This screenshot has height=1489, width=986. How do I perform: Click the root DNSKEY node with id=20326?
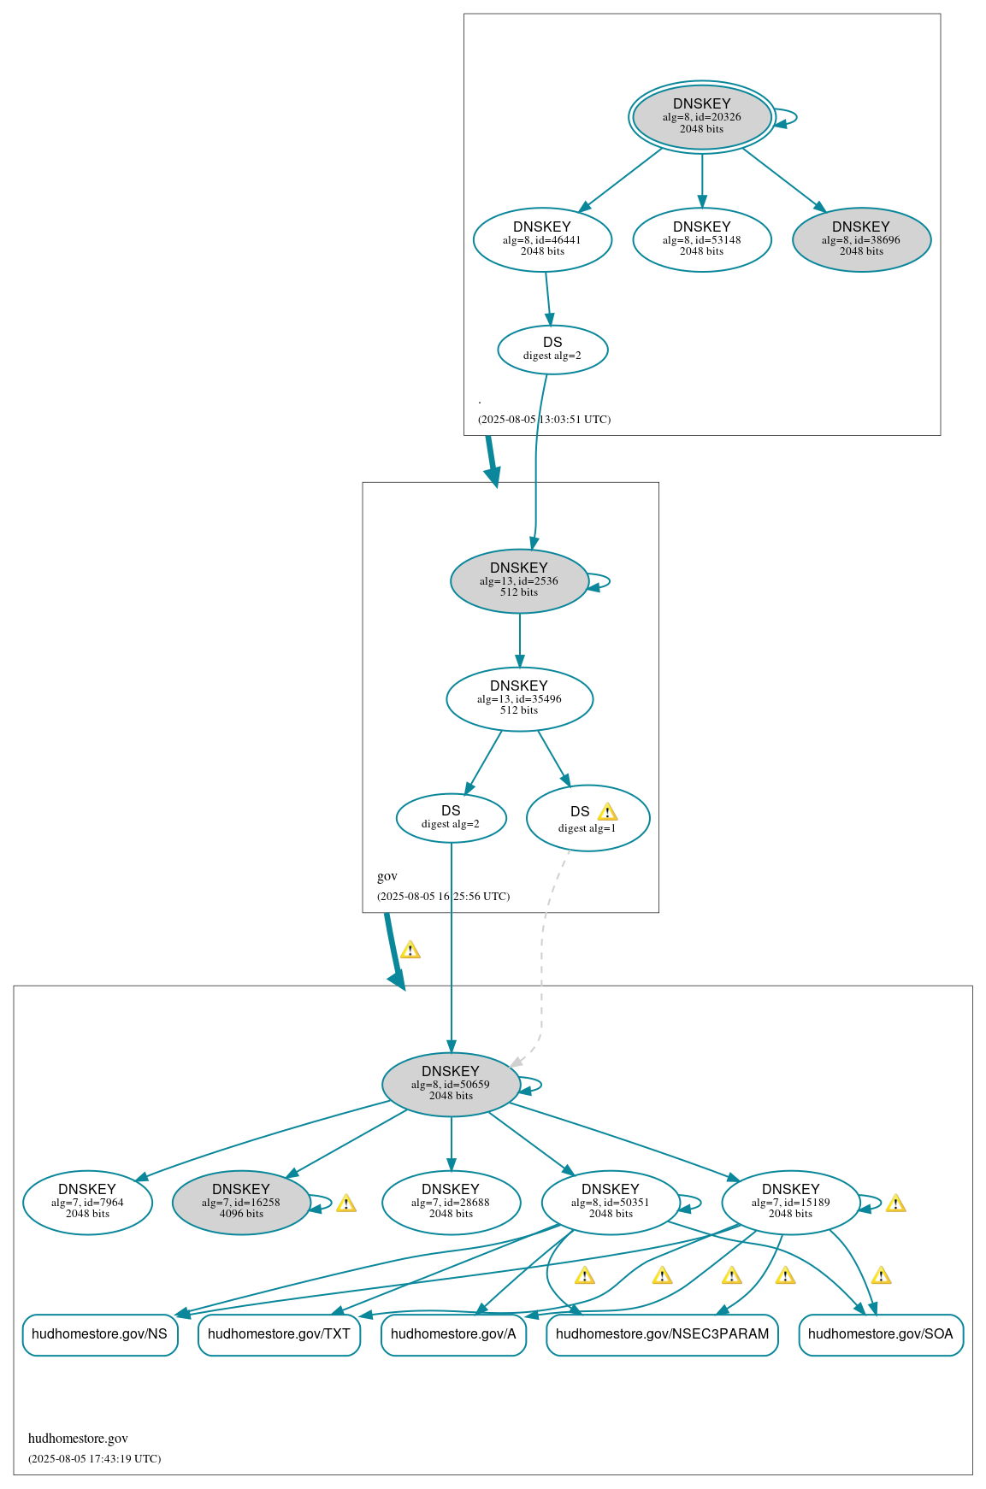tap(701, 117)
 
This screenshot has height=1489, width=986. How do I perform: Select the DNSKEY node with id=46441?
tap(542, 239)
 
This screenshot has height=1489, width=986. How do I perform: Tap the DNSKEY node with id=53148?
tap(701, 239)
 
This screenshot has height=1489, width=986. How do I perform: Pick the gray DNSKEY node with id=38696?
tap(861, 239)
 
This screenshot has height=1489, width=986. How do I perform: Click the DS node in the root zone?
tap(552, 349)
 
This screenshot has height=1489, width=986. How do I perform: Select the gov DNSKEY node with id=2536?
tap(519, 580)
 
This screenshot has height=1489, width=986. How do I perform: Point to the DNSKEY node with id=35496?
tap(519, 698)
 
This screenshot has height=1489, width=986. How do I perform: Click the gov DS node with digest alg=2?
tap(451, 817)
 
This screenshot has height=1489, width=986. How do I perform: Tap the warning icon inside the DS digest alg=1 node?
tap(607, 812)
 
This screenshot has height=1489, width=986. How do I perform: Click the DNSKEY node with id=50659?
tap(451, 1084)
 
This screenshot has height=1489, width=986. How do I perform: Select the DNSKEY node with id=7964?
tap(87, 1202)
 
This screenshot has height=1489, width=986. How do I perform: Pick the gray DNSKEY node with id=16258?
tap(241, 1202)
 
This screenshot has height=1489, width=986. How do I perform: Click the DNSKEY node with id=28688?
tap(451, 1202)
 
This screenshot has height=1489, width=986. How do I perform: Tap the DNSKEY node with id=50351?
tap(611, 1202)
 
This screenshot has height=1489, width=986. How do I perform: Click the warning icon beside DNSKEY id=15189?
tap(895, 1204)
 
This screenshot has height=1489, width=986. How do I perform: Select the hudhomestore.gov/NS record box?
tap(100, 1334)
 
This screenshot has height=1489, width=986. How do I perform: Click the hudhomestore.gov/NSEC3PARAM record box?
tap(662, 1334)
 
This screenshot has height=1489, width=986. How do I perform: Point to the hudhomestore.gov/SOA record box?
tap(880, 1334)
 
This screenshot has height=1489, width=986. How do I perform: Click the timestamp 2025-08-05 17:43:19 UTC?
tap(95, 1458)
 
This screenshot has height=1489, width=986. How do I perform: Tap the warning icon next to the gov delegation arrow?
tap(410, 950)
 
